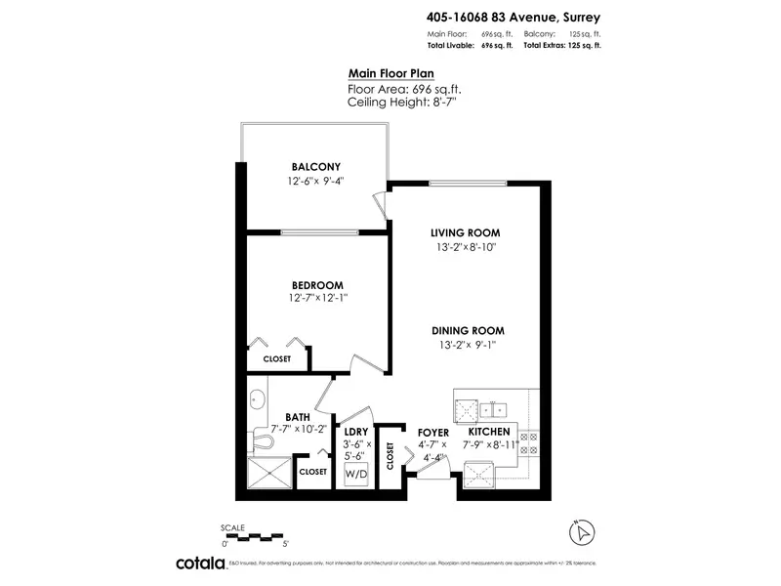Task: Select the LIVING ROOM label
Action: tap(466, 232)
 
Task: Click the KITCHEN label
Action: tap(488, 432)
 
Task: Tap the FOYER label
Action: tap(432, 432)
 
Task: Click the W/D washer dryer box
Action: tap(355, 476)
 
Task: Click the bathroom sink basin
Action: tap(258, 398)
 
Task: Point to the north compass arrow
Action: tap(582, 532)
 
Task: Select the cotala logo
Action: tap(200, 564)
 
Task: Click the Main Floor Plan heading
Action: tap(390, 73)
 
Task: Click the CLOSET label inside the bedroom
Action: tap(276, 358)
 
